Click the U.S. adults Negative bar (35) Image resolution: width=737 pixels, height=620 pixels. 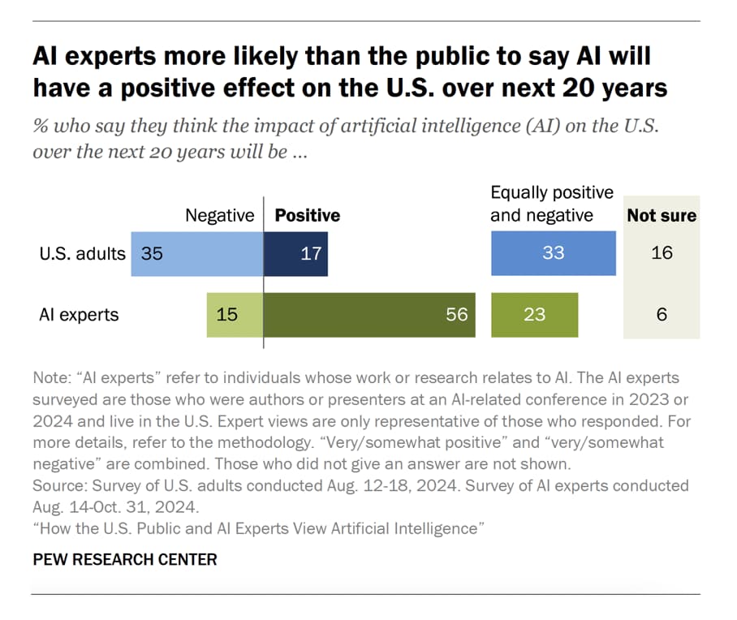point(197,253)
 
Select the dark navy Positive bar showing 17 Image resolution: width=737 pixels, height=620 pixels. point(296,253)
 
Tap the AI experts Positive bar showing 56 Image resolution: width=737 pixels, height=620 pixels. point(369,314)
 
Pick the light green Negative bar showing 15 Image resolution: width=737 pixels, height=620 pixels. point(235,314)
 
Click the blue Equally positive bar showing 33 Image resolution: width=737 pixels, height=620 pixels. point(553,253)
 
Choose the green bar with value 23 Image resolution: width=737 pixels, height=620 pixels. point(534,314)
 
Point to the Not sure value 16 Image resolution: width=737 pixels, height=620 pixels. point(662,253)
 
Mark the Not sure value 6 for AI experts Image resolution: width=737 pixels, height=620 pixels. point(662,314)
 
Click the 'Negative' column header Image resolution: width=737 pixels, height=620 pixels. point(220,216)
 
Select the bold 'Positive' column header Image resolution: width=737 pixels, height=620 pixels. point(308,216)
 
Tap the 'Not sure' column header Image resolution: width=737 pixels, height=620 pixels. point(662,216)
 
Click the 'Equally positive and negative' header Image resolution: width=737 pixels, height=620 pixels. point(552,204)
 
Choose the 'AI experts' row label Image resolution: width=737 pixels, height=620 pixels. point(78,315)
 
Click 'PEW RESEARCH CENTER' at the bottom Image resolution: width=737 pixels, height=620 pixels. point(125,560)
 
